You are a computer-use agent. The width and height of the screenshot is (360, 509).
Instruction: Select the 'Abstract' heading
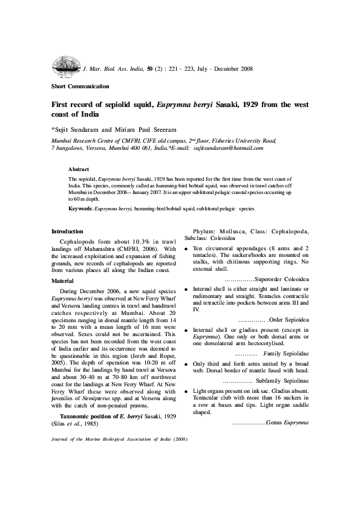click(x=79, y=169)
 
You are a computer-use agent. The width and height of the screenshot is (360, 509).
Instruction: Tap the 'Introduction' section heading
click(x=67, y=232)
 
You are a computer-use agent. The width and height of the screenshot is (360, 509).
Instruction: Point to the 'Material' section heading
click(x=62, y=281)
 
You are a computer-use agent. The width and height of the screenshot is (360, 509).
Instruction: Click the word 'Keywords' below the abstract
click(x=80, y=208)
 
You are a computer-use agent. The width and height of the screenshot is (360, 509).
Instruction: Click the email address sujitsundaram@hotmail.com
click(x=228, y=148)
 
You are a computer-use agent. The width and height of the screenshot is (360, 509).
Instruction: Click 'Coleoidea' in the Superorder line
click(x=293, y=280)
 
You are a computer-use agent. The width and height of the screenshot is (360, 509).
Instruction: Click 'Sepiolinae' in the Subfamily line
click(x=294, y=382)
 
